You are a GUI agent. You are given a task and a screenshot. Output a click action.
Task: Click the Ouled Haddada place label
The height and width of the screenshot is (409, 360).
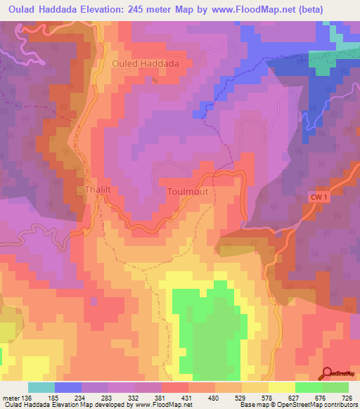click(146, 63)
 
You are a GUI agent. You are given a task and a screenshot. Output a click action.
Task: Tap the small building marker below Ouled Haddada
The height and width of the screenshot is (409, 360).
click(154, 79)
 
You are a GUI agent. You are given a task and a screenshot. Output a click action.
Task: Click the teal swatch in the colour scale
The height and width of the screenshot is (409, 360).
click(41, 387)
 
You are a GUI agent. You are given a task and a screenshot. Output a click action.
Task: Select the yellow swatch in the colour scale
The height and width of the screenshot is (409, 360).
click(281, 387)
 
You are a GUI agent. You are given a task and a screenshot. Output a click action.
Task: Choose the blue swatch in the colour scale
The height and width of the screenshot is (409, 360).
click(68, 387)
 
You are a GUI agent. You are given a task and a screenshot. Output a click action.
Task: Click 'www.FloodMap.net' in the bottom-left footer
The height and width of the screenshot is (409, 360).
click(160, 405)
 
